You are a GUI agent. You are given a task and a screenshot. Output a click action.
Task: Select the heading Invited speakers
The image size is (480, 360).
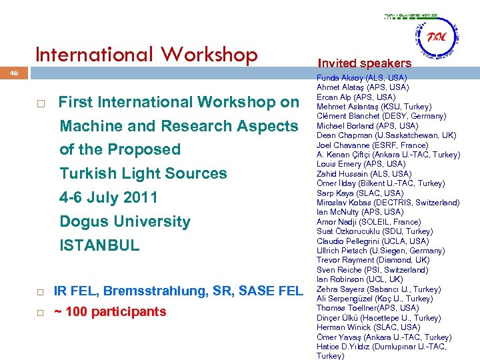(x=365, y=63)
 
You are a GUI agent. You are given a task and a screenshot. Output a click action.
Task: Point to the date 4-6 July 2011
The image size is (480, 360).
(x=109, y=197)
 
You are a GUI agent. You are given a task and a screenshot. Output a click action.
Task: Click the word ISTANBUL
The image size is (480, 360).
(x=99, y=245)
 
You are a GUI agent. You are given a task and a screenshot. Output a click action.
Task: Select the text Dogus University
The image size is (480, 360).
(x=125, y=221)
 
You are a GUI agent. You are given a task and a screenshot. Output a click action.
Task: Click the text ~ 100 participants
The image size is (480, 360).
(x=109, y=311)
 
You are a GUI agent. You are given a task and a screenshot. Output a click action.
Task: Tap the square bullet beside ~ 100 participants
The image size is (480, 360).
(x=41, y=313)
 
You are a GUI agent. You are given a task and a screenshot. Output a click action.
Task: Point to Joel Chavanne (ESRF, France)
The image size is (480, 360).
(x=372, y=145)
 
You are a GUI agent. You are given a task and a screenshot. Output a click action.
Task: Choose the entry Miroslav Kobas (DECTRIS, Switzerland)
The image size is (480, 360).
(x=388, y=203)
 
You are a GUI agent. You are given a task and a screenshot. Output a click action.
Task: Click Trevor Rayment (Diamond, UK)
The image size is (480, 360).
(x=373, y=261)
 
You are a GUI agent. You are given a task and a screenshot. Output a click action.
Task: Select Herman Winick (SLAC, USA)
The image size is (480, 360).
(x=368, y=327)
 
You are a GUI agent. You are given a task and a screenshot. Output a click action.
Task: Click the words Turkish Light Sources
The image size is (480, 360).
(x=143, y=173)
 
